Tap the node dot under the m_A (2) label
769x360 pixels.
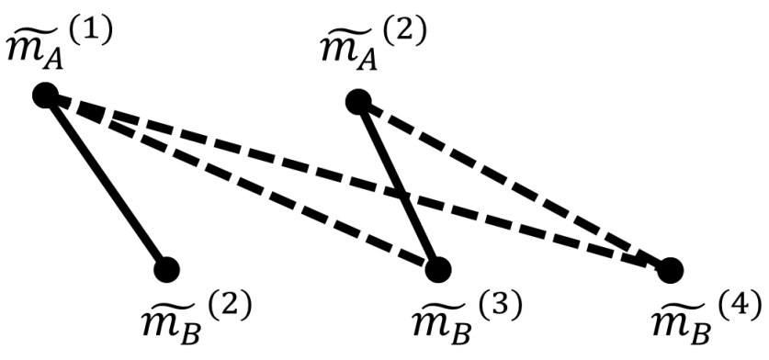358,100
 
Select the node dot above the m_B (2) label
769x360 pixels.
166,269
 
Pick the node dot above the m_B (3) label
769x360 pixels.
438,268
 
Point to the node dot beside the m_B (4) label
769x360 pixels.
670,269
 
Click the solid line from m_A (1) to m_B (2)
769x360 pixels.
105,182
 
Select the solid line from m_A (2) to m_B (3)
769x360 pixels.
398,184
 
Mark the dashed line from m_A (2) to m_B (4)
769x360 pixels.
515,185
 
